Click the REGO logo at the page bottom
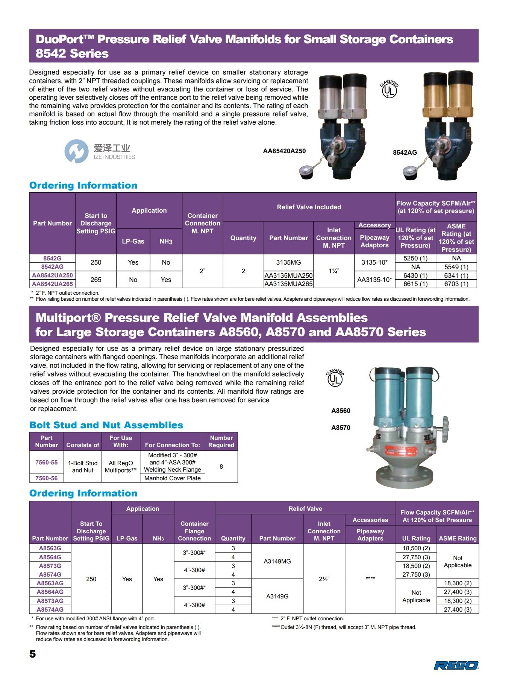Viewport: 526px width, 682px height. tap(456, 665)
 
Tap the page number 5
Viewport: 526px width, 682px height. tap(33, 654)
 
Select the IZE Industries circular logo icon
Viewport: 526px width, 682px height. tap(76, 151)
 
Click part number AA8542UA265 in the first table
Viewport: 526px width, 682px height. tap(52, 284)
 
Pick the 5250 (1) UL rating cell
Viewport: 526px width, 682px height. tap(415, 258)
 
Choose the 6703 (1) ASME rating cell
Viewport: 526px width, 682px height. tap(456, 284)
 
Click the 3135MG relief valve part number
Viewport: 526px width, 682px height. tap(288, 262)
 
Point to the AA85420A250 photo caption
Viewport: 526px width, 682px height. tap(284, 151)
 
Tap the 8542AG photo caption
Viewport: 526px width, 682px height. tap(405, 152)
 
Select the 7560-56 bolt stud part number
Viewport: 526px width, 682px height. tap(47, 478)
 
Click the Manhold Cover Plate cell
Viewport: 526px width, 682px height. tap(172, 478)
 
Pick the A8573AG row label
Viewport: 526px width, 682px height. tap(50, 601)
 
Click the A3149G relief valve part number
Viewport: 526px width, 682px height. tap(277, 596)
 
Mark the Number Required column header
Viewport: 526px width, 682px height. tap(221, 441)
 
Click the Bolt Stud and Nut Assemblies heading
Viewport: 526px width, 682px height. tap(106, 425)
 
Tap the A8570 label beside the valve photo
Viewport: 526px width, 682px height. tap(341, 428)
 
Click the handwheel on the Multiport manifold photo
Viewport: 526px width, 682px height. tap(446, 429)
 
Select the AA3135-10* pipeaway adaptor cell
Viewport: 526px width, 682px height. tap(374, 280)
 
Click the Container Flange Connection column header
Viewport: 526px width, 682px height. tap(194, 531)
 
